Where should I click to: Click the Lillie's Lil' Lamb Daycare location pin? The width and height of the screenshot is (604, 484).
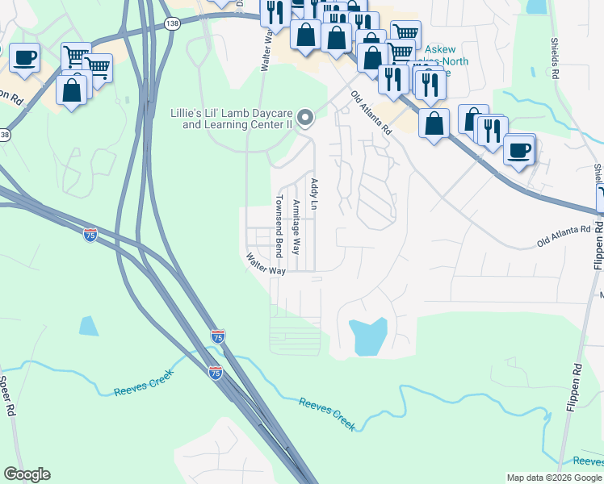[x=304, y=119]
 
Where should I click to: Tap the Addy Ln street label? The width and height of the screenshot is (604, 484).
[x=315, y=195]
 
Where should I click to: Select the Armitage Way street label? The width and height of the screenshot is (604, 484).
[x=296, y=227]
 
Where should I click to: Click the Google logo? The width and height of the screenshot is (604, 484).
[x=27, y=474]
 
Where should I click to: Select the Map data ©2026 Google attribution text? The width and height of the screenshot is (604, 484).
[x=554, y=478]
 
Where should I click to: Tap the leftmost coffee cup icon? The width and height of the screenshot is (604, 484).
[x=24, y=58]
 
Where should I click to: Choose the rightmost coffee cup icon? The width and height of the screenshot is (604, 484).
[x=519, y=149]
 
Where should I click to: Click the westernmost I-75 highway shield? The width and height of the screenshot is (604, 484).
[x=90, y=234]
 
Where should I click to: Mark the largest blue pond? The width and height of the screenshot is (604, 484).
[x=367, y=336]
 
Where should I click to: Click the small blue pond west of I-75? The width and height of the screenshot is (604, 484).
[x=89, y=326]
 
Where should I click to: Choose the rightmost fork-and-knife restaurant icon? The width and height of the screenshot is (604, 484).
[x=492, y=130]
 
